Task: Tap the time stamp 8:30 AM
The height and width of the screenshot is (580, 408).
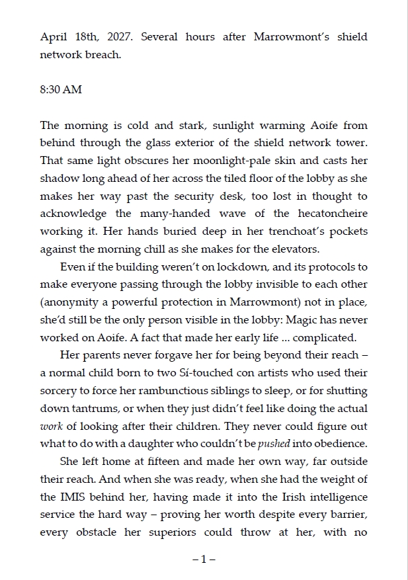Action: point(61,89)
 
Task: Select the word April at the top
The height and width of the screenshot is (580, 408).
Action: point(54,37)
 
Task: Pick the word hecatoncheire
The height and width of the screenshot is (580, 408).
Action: point(329,214)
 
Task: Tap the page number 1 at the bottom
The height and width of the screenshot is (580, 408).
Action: point(204,559)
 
